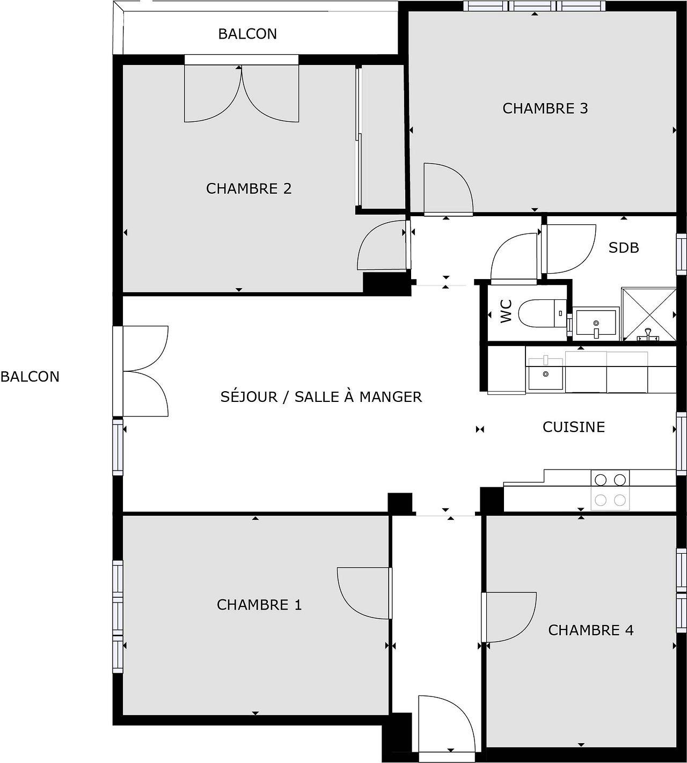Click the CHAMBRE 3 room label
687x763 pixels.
pos(545,108)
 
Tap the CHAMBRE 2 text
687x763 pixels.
pos(249,189)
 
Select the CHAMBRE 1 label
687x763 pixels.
pos(259,605)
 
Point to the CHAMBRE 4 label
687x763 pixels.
pos(590,630)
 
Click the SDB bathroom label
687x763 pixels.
pos(623,248)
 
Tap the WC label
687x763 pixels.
pos(506,311)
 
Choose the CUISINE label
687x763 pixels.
pos(573,427)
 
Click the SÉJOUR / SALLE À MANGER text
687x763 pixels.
pos(321,397)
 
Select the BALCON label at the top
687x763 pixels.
pos(247,34)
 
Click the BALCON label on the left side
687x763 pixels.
pos(30,377)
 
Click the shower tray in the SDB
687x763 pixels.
pos(648,314)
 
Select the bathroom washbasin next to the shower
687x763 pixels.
pos(596,323)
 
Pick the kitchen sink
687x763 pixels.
pos(545,373)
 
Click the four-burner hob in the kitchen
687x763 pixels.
pos(610,490)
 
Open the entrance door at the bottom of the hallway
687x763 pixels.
pos(445,724)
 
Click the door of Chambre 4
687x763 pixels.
pos(508,617)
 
